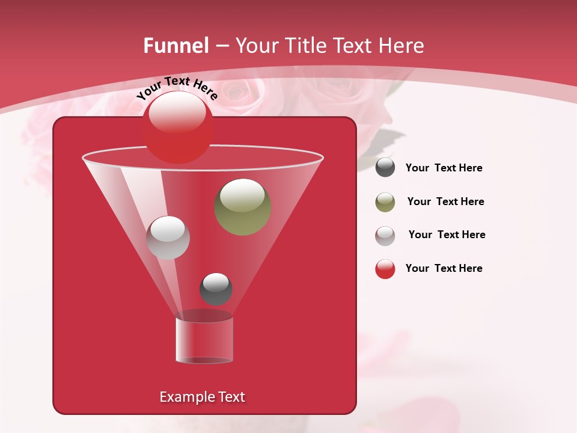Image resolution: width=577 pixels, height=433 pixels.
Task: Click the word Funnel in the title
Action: tap(176, 46)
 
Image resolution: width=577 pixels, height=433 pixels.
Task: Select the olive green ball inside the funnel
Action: tap(243, 207)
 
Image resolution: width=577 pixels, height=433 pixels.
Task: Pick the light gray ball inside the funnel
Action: tap(168, 238)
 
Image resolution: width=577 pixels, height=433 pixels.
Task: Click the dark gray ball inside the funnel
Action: tap(216, 289)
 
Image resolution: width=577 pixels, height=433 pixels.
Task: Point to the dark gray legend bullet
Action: tap(385, 168)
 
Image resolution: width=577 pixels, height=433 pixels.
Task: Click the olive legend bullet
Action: tap(385, 202)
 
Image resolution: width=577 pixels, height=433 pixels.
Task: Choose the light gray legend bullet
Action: tap(385, 236)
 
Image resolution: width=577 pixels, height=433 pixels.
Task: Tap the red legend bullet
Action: tap(385, 269)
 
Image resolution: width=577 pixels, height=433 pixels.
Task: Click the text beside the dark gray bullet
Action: tap(444, 168)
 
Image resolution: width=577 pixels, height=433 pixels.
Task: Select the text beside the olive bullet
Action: tap(445, 201)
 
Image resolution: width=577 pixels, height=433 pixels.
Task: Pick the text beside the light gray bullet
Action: tap(447, 235)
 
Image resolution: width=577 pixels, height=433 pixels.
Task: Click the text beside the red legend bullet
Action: tap(444, 268)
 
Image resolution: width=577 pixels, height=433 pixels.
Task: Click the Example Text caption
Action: tap(202, 397)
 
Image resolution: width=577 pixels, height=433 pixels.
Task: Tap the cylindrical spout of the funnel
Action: tap(204, 340)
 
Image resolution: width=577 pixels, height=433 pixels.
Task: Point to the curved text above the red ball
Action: tap(177, 88)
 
